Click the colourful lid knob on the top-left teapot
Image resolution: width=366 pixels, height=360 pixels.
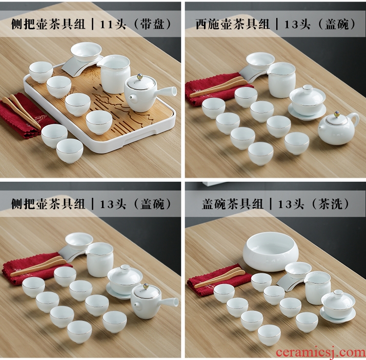pyautogui.click(x=140, y=76)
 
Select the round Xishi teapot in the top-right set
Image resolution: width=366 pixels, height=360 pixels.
pyautogui.click(x=338, y=128)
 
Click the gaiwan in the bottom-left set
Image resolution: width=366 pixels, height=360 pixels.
pyautogui.click(x=122, y=281)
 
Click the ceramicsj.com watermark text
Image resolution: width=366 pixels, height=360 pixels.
pyautogui.click(x=321, y=352)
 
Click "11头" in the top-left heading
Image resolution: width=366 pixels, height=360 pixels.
pyautogui.click(x=113, y=24)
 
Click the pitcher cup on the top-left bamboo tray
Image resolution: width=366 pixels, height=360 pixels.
pyautogui.click(x=114, y=74)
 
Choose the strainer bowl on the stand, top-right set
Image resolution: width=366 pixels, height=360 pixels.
pyautogui.click(x=260, y=61)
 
